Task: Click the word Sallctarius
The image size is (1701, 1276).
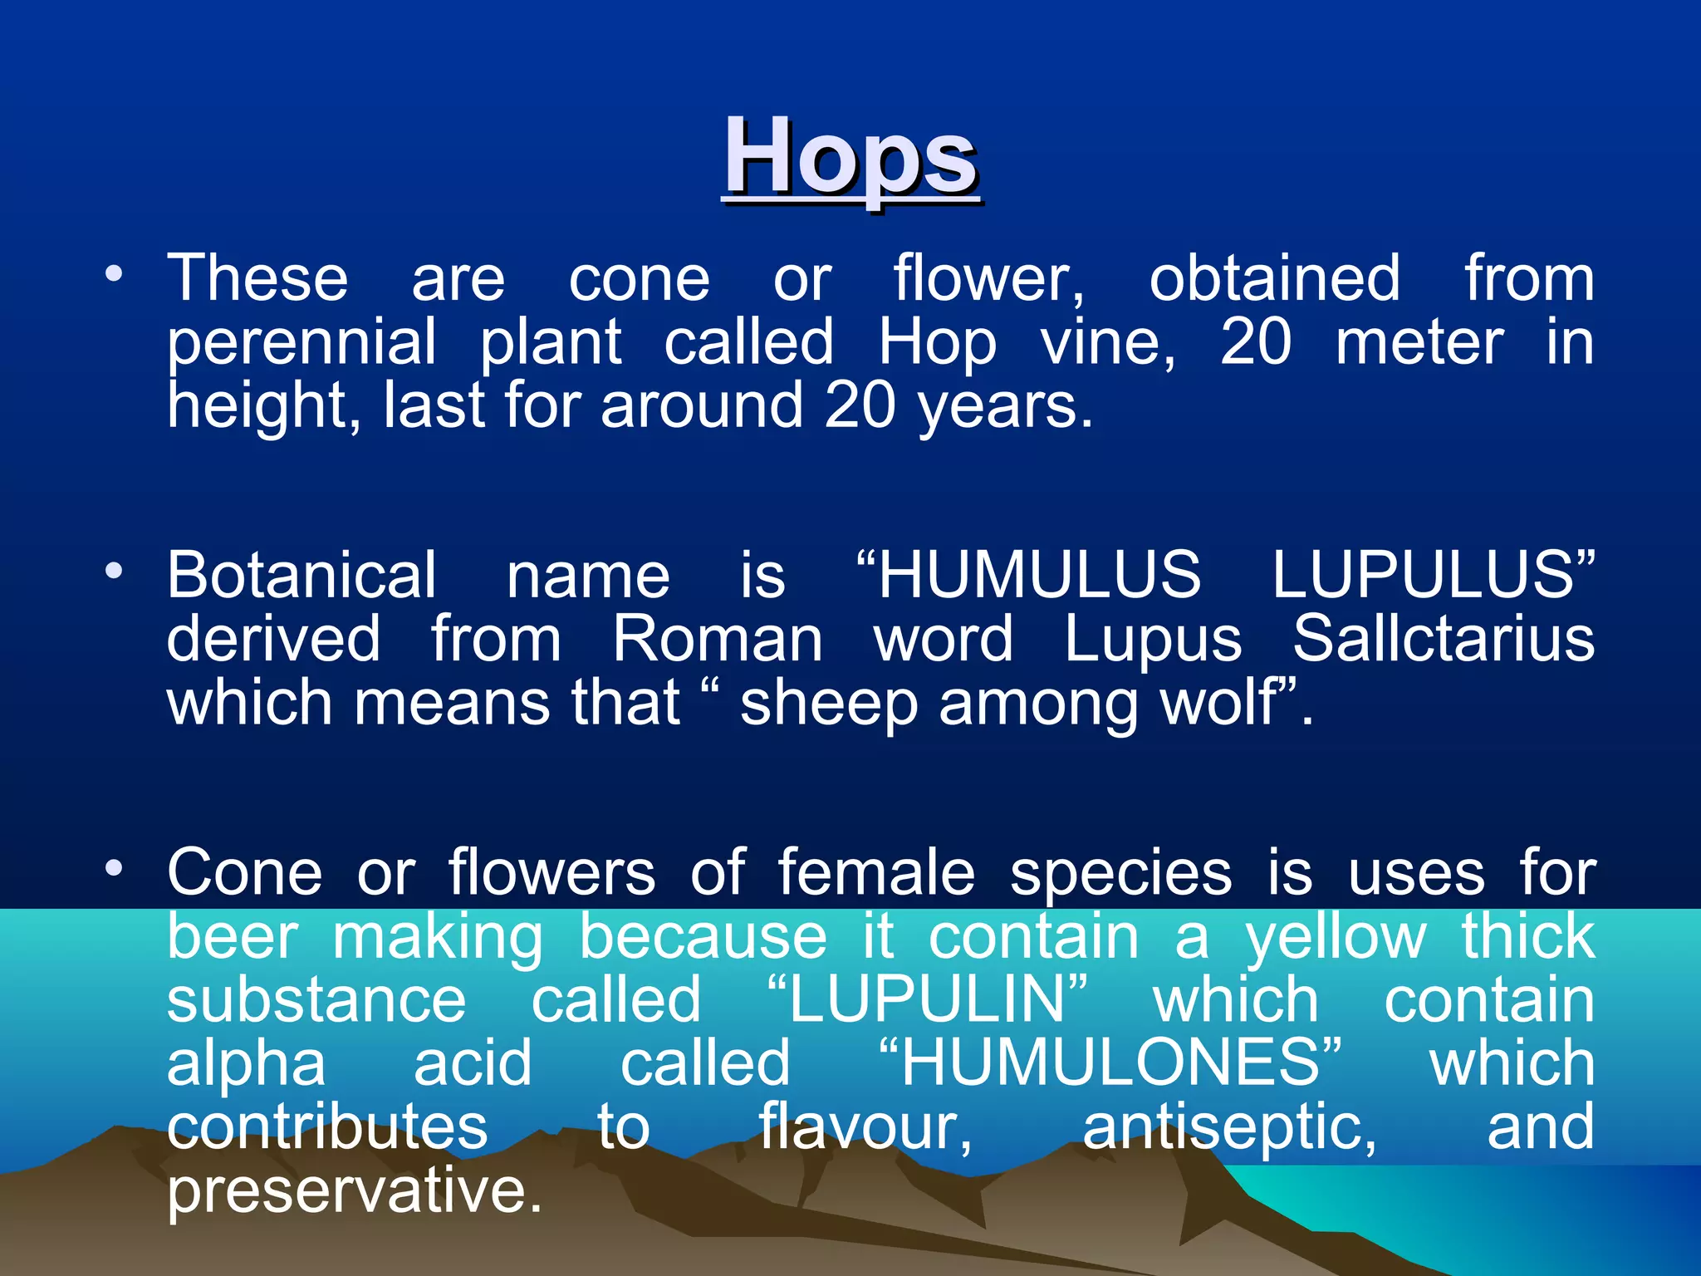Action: pyautogui.click(x=1443, y=640)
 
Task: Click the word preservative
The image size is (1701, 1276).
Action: pyautogui.click(x=355, y=1191)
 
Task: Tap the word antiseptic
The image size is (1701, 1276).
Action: pyautogui.click(x=1228, y=1128)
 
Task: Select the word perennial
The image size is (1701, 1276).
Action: pyautogui.click(x=301, y=342)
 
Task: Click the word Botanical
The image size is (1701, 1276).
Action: pyautogui.click(x=301, y=575)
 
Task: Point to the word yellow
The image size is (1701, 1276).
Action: pyautogui.click(x=1336, y=937)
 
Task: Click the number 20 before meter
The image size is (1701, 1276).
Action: pyautogui.click(x=1256, y=342)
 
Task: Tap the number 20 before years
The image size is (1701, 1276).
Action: pyautogui.click(x=860, y=406)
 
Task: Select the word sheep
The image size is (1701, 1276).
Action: pyautogui.click(x=828, y=704)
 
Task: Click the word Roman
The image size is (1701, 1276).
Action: pyautogui.click(x=718, y=640)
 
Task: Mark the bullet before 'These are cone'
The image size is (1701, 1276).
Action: pyautogui.click(x=115, y=273)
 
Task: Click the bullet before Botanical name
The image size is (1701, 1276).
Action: pyautogui.click(x=115, y=571)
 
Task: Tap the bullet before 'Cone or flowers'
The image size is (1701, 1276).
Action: pyautogui.click(x=115, y=868)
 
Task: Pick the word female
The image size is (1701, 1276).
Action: pyautogui.click(x=876, y=873)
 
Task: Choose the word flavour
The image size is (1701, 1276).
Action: pyautogui.click(x=865, y=1128)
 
